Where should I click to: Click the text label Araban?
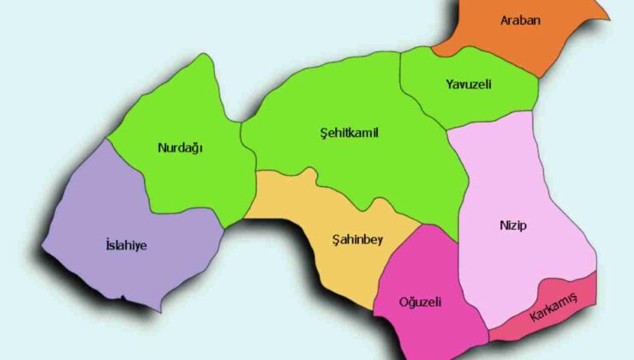(x=519, y=20)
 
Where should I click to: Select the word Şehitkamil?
(x=349, y=134)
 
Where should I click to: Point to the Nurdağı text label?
(x=181, y=147)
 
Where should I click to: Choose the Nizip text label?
(x=512, y=225)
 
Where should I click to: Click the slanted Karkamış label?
(x=553, y=307)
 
